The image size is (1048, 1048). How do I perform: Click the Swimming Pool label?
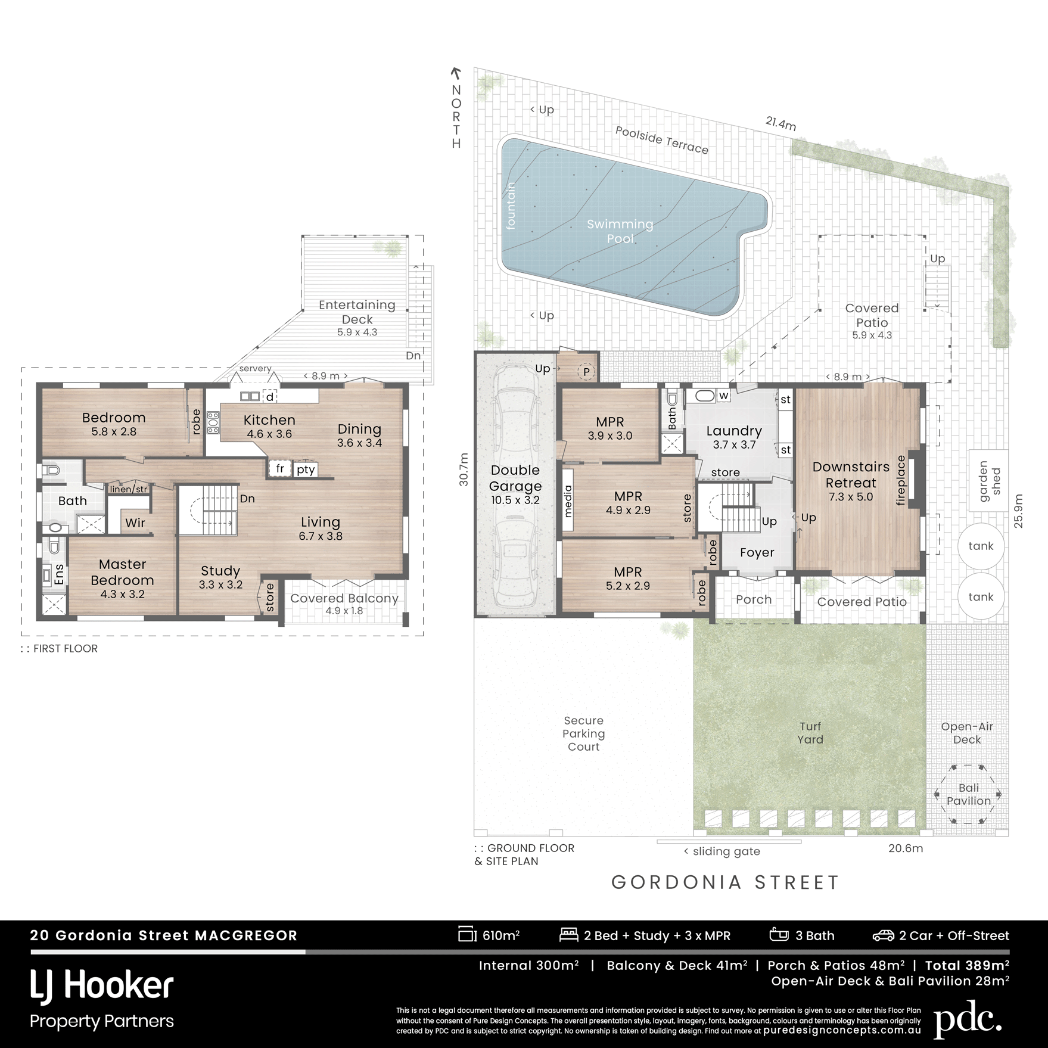point(620,231)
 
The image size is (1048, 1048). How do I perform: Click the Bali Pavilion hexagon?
point(969,794)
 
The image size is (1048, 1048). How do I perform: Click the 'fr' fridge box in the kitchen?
point(280,469)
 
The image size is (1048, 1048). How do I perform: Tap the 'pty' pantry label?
point(306,469)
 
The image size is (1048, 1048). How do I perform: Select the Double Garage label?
point(515,478)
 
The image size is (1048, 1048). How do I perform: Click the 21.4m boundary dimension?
point(780,123)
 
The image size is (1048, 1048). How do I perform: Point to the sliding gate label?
point(722,851)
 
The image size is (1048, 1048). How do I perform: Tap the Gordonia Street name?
point(726,882)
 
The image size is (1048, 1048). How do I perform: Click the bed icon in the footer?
point(569,935)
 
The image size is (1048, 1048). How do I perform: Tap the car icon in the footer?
point(883,935)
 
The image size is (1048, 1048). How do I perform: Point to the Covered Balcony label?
point(344,598)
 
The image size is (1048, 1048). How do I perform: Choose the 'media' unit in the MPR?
point(567,501)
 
